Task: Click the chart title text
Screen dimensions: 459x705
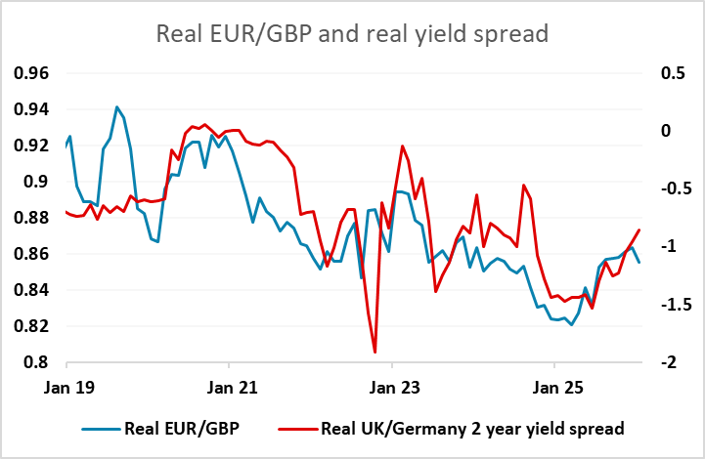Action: (x=352, y=34)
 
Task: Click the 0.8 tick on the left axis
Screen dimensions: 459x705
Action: (x=38, y=362)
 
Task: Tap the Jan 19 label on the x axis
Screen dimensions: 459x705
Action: (x=66, y=388)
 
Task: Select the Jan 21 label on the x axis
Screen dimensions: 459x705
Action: (x=228, y=388)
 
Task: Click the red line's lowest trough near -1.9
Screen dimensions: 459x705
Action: (x=375, y=352)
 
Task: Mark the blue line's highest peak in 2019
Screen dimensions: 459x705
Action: (x=117, y=107)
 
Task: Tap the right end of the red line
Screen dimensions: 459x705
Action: (x=639, y=230)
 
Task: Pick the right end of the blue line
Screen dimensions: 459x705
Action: (x=639, y=262)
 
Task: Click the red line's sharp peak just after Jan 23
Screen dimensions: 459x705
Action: (x=403, y=146)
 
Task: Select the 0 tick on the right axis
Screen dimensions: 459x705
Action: (x=674, y=131)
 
